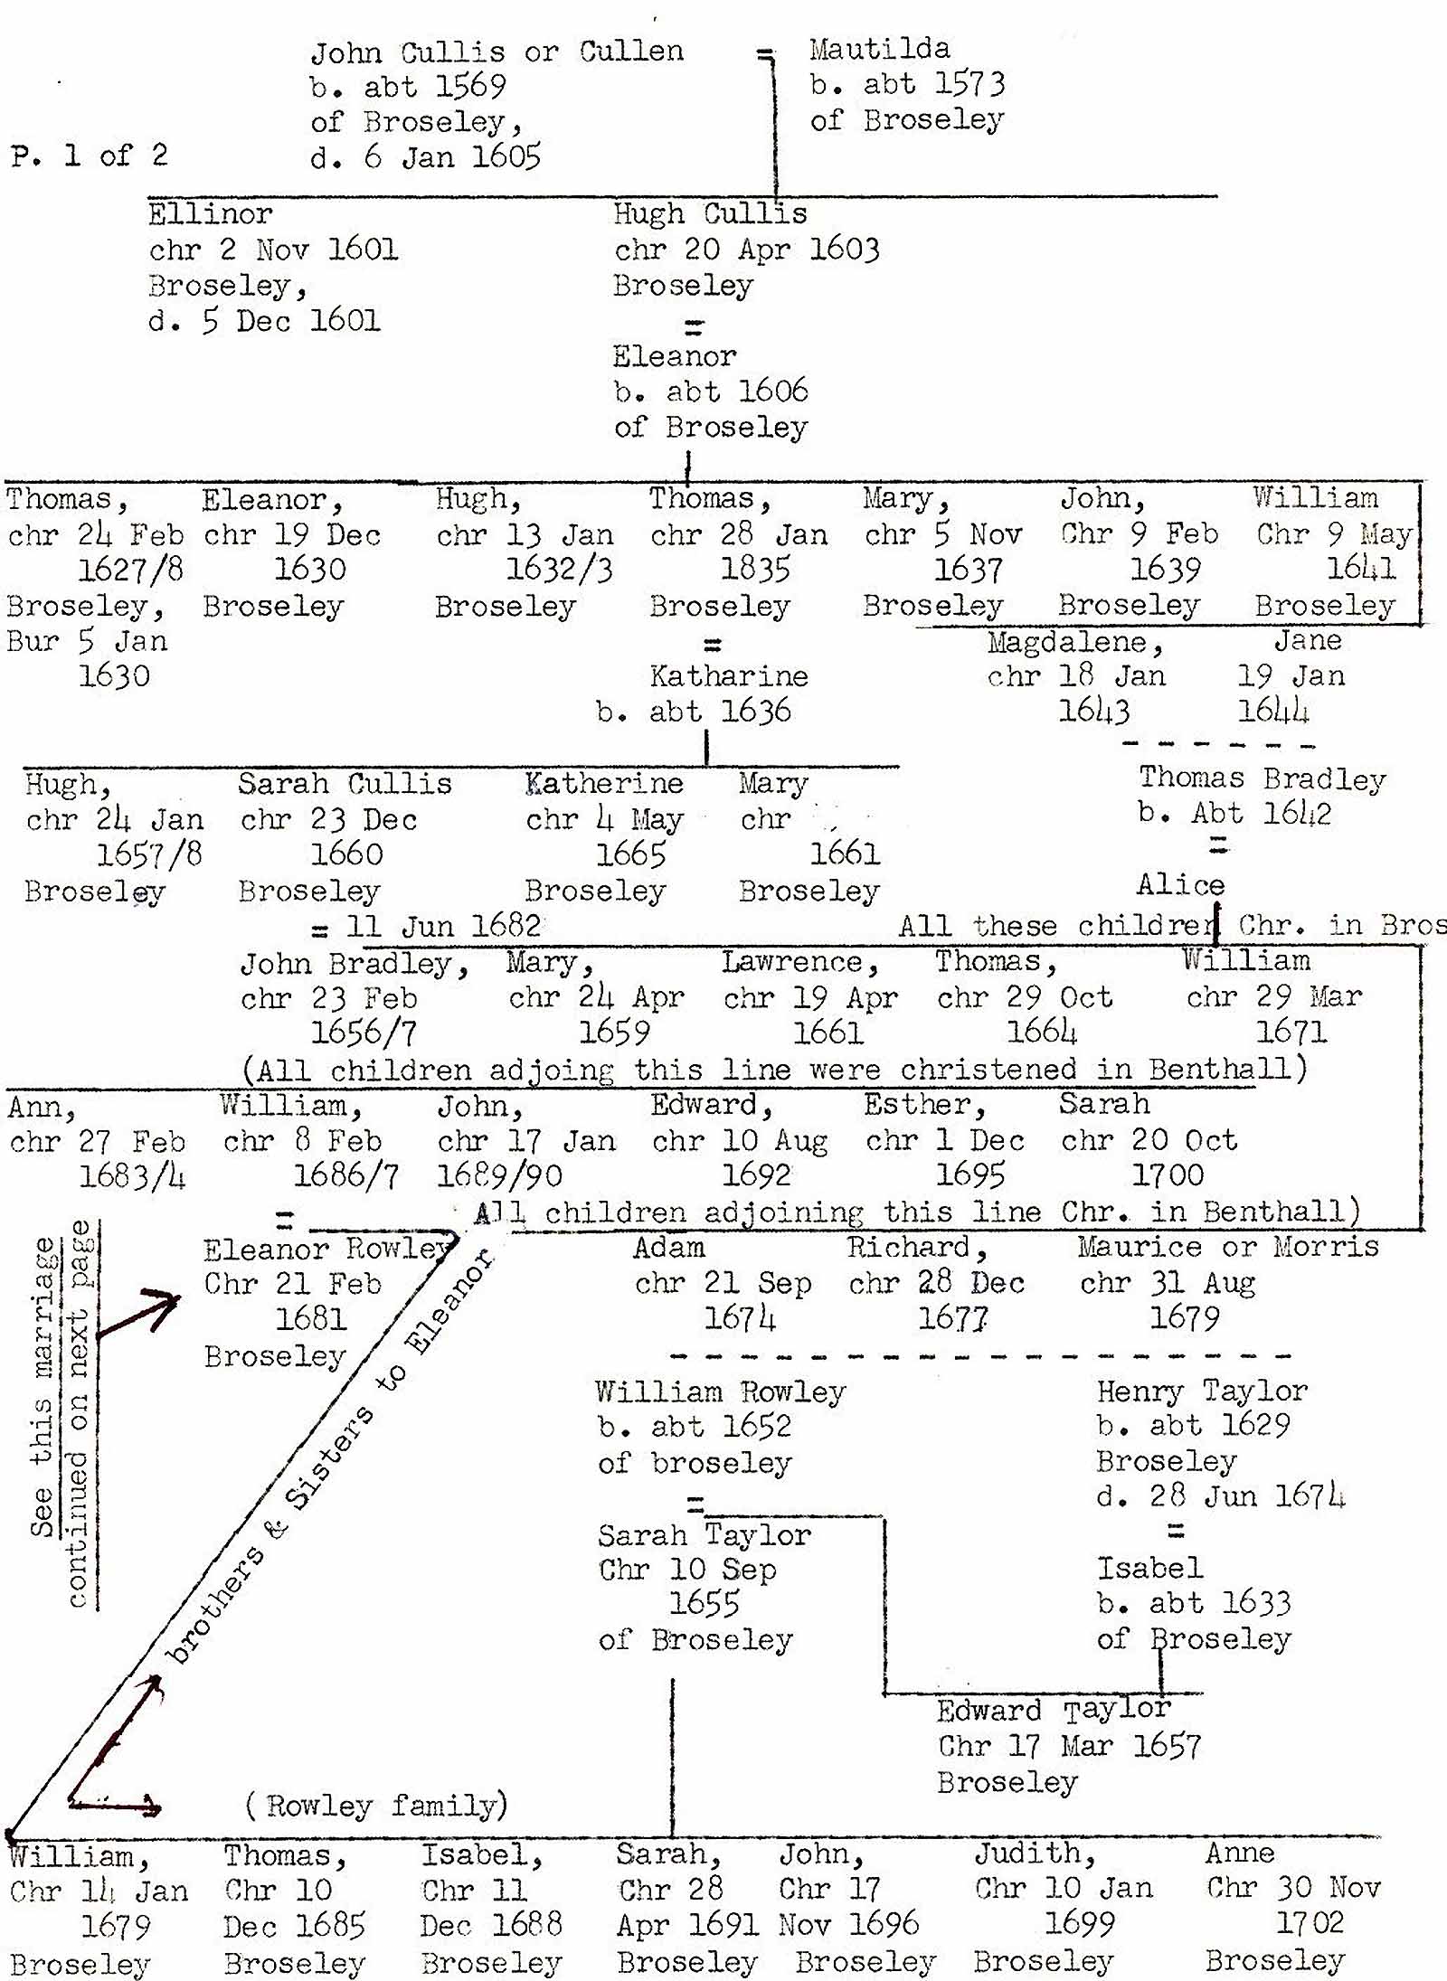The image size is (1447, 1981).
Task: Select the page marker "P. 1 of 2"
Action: coord(90,156)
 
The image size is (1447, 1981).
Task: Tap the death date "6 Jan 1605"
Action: coord(452,158)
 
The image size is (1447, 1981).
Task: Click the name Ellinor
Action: coord(210,214)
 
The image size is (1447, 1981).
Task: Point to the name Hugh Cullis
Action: coord(710,214)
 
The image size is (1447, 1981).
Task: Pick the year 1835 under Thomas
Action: coord(755,570)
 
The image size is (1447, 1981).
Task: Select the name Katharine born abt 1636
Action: coord(729,676)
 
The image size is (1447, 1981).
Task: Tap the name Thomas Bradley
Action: coord(1262,778)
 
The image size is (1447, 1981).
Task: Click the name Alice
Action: coord(1180,884)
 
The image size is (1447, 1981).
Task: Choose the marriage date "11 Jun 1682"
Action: coord(443,926)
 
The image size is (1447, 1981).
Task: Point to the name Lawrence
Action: coord(799,963)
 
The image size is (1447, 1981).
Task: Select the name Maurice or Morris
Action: coord(1227,1248)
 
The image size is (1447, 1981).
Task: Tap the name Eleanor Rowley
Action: coord(326,1250)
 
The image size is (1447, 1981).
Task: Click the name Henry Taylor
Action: coord(1202,1391)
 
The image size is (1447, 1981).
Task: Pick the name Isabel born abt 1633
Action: coord(1149,1568)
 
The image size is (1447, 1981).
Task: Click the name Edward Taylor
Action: coord(1054,1711)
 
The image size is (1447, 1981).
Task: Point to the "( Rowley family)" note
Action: coord(376,1806)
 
